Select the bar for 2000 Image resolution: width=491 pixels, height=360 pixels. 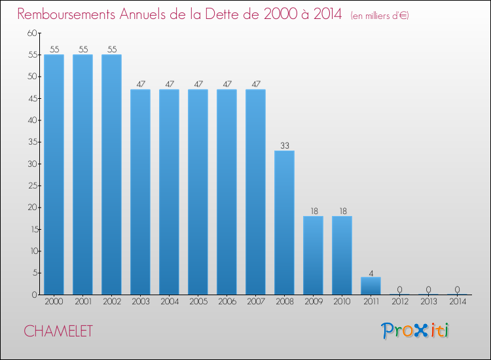tap(54, 175)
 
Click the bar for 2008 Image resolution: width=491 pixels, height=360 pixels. tap(284, 223)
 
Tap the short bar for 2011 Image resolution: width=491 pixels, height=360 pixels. tap(371, 286)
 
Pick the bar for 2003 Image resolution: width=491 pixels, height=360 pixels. tap(140, 192)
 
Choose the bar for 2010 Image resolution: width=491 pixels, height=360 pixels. tap(342, 255)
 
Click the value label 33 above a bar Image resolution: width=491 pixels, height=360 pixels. tap(285, 145)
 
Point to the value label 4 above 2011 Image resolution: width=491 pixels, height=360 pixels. tap(371, 274)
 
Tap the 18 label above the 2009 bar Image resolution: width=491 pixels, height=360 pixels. tap(314, 211)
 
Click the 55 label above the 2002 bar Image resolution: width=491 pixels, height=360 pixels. tap(112, 50)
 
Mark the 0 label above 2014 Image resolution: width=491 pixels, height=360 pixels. tap(457, 289)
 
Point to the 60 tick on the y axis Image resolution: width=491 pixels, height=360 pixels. tap(32, 33)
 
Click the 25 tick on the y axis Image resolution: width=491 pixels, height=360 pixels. tap(33, 186)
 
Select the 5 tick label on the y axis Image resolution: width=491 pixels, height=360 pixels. tap(35, 273)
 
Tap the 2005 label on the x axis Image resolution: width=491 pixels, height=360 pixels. tap(198, 301)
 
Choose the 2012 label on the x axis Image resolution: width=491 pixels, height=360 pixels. tap(400, 301)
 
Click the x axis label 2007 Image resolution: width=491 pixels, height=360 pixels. tap(256, 301)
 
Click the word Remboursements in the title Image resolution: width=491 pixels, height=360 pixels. tap(66, 14)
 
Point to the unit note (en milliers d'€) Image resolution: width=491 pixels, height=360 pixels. tap(380, 16)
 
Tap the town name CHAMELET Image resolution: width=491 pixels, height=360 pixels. tap(58, 331)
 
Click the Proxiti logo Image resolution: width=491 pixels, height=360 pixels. tap(414, 331)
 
